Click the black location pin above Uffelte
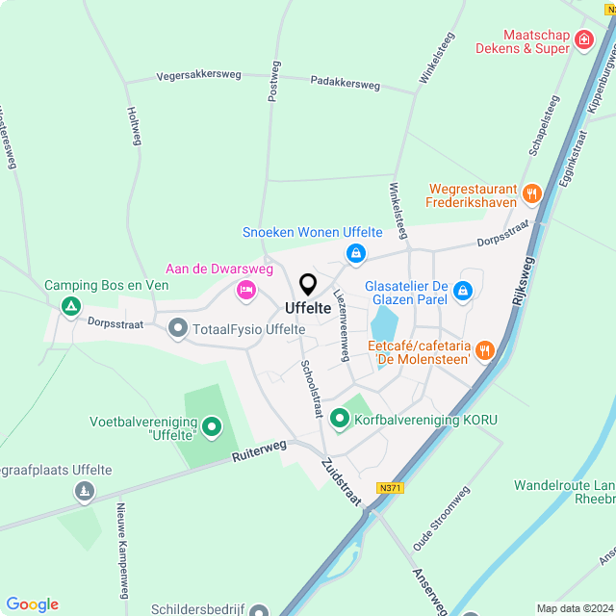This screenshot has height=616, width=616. pyautogui.click(x=308, y=285)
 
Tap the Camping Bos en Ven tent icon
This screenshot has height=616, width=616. pyautogui.click(x=70, y=306)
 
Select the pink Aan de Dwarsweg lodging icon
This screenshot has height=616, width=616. pyautogui.click(x=246, y=289)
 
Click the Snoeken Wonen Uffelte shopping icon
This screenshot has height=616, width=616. pyautogui.click(x=356, y=253)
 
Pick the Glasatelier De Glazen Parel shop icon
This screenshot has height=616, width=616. pyautogui.click(x=463, y=290)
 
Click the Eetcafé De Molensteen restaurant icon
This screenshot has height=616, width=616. pyautogui.click(x=485, y=350)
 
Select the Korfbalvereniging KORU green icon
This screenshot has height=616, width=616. pyautogui.click(x=339, y=419)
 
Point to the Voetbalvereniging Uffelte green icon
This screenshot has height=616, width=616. pyautogui.click(x=212, y=425)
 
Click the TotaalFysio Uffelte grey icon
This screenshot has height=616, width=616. pyautogui.click(x=177, y=329)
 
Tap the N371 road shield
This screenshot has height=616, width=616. pyautogui.click(x=390, y=488)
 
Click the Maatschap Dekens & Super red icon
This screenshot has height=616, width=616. pyautogui.click(x=583, y=39)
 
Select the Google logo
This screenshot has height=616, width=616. pyautogui.click(x=32, y=604)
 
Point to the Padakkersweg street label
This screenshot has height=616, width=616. pyautogui.click(x=345, y=84)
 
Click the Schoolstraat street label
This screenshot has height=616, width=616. pyautogui.click(x=311, y=389)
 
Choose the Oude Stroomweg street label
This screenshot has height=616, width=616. pyautogui.click(x=442, y=520)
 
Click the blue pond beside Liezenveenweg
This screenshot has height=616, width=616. pyautogui.click(x=383, y=324)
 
